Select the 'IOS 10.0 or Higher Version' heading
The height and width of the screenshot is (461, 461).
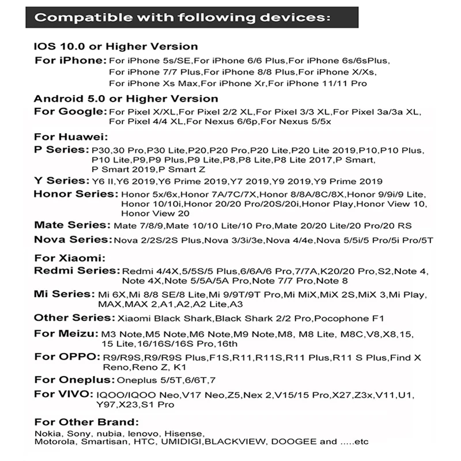[x=116, y=47]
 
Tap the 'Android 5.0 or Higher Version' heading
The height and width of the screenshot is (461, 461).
[x=126, y=99]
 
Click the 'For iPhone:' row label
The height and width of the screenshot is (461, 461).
[x=71, y=61]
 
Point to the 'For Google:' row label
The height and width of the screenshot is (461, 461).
[x=71, y=111]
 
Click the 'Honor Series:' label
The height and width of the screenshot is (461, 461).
[x=75, y=194]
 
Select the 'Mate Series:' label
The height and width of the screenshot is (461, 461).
[x=71, y=225]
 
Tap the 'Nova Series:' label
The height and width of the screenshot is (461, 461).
[x=73, y=239]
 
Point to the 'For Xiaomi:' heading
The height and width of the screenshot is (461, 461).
[x=70, y=257]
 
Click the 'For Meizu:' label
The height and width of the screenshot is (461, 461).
[x=66, y=333]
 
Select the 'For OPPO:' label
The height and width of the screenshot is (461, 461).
[x=65, y=357]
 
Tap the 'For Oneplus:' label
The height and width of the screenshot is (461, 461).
[x=74, y=380]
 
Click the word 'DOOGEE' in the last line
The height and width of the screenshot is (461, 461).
[x=292, y=442]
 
